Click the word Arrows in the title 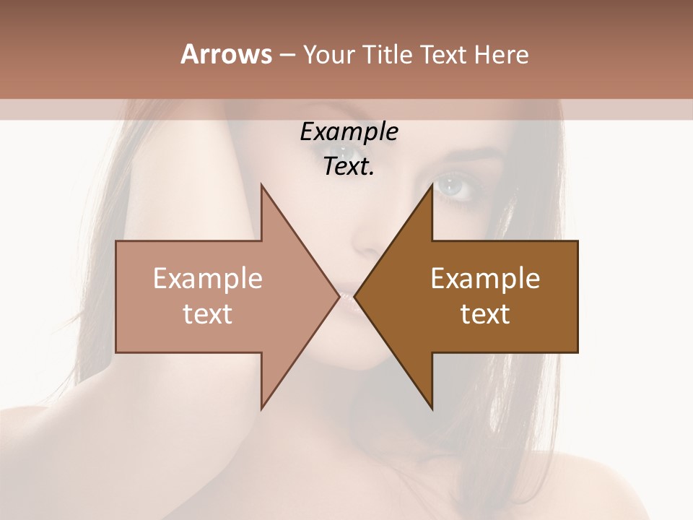click(x=226, y=54)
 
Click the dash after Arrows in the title click(x=287, y=55)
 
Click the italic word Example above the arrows click(x=349, y=132)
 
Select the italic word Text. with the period click(x=349, y=167)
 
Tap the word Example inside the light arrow click(x=208, y=278)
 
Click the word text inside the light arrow click(x=208, y=314)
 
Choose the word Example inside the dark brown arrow click(x=485, y=278)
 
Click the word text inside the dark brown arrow click(x=485, y=314)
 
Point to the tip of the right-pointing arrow click(x=339, y=296)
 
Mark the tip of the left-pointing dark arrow click(x=355, y=296)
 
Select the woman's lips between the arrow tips click(x=347, y=297)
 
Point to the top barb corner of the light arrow click(x=261, y=185)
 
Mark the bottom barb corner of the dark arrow click(x=432, y=409)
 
